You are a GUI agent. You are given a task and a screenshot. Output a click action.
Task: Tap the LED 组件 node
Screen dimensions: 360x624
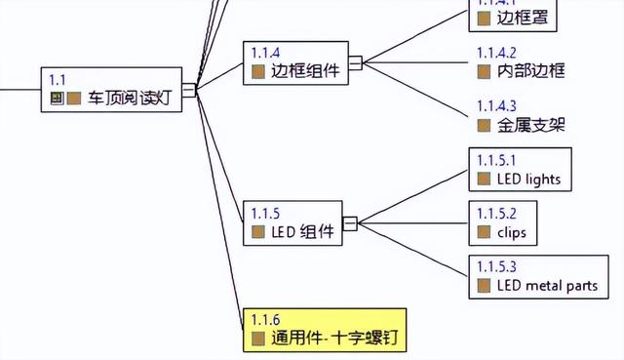coord(292,222)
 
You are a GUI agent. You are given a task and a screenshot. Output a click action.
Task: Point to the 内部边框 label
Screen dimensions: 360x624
coord(530,70)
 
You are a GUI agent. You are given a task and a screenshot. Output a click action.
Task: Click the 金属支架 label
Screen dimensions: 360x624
coord(530,125)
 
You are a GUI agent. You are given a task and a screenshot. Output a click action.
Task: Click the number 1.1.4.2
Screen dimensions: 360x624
coord(496,52)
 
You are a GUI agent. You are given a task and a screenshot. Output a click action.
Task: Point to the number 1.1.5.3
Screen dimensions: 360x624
coord(496,266)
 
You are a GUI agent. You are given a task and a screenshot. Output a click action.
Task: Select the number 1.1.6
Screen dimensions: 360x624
coord(265,320)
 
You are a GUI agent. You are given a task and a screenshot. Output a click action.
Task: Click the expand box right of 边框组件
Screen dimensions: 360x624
coord(355,62)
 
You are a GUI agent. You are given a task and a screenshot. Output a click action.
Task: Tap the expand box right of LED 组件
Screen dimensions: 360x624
coord(350,222)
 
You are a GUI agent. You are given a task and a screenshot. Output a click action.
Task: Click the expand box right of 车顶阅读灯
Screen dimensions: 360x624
coord(188,90)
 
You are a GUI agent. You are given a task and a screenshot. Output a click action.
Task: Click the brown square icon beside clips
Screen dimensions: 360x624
coord(484,232)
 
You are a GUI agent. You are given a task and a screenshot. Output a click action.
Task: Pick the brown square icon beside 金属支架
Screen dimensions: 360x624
coord(484,125)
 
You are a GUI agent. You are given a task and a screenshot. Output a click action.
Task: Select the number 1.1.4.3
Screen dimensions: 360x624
coord(496,105)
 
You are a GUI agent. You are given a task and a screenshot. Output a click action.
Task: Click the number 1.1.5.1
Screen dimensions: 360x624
coord(496,159)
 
